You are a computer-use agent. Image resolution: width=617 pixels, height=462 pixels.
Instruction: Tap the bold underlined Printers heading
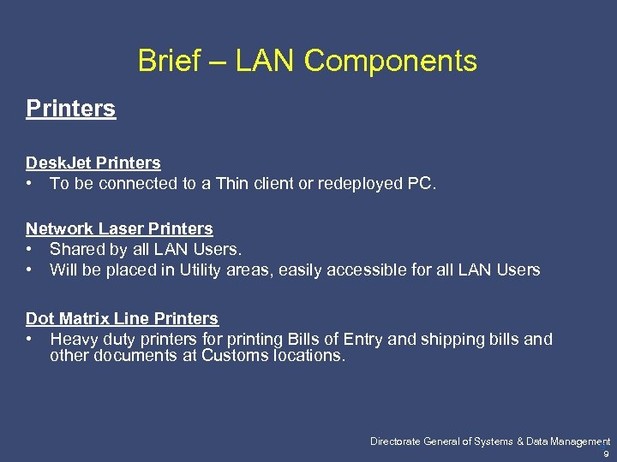tap(70, 109)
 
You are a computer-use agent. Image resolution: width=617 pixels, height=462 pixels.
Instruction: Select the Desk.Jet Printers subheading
tap(93, 163)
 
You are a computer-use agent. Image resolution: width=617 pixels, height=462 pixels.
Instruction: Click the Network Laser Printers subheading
tap(119, 228)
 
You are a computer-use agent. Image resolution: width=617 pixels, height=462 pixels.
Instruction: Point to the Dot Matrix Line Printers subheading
tap(122, 318)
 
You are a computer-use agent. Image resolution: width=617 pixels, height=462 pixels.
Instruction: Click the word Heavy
tap(74, 339)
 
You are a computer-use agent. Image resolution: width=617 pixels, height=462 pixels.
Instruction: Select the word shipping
tap(452, 339)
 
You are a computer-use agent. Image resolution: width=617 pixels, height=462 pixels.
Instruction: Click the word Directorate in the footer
tap(396, 441)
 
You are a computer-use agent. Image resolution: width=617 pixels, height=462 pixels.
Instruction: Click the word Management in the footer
tap(579, 441)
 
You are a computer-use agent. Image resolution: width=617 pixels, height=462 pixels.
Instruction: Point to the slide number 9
tap(607, 454)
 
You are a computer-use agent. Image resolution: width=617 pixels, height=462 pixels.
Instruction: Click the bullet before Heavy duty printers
tap(30, 339)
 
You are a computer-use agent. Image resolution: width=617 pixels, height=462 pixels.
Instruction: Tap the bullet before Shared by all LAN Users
tap(30, 249)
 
